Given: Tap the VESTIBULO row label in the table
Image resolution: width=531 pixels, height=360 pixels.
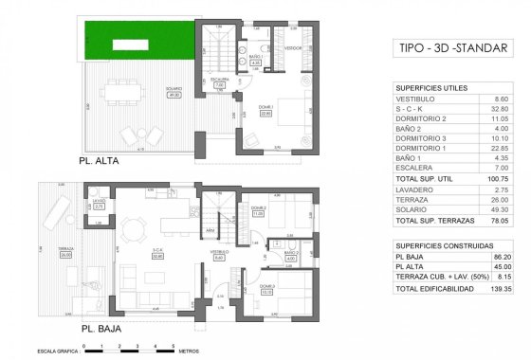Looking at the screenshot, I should [414, 99].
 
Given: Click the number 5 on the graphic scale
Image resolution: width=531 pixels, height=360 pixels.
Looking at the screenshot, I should [171, 341].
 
